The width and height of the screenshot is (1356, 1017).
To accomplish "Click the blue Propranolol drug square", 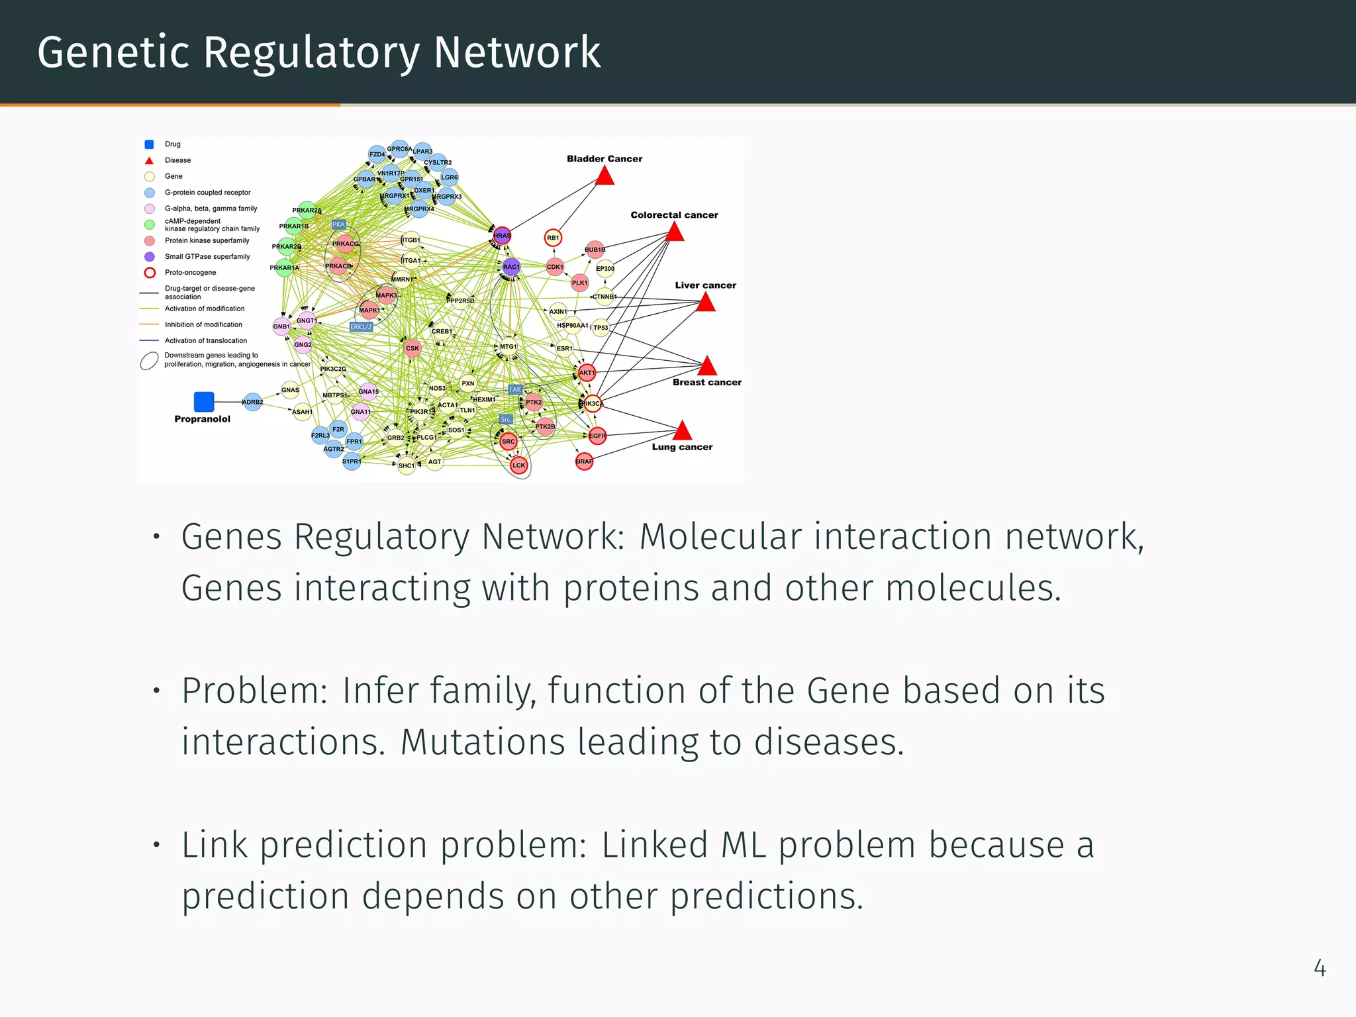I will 204,401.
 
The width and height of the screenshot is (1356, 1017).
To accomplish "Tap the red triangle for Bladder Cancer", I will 605,176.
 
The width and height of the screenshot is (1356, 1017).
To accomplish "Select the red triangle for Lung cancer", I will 682,432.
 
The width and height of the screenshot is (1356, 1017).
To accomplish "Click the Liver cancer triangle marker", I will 706,303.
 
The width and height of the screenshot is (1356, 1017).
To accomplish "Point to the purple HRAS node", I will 502,235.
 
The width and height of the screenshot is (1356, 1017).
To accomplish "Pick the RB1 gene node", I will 553,237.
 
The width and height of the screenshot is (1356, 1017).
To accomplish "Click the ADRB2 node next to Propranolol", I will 253,402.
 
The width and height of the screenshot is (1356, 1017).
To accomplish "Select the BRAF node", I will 584,461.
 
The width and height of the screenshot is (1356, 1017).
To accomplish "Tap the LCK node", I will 518,465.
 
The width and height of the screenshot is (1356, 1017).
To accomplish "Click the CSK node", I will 412,348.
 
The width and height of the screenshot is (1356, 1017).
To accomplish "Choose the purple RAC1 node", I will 511,267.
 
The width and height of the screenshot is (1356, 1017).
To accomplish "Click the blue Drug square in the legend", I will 150,144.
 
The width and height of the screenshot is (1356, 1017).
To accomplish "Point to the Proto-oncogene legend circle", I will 150,273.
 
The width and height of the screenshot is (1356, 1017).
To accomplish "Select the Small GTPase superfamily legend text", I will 207,257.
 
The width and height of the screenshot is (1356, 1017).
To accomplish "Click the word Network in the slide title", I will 517,53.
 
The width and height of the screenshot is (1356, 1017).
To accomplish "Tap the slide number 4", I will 1319,968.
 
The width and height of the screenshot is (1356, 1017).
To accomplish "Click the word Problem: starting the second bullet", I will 255,691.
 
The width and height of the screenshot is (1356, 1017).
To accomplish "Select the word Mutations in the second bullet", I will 483,742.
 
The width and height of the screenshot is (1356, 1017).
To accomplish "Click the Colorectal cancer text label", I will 674,215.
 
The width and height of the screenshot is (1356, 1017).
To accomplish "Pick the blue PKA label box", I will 338,224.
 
